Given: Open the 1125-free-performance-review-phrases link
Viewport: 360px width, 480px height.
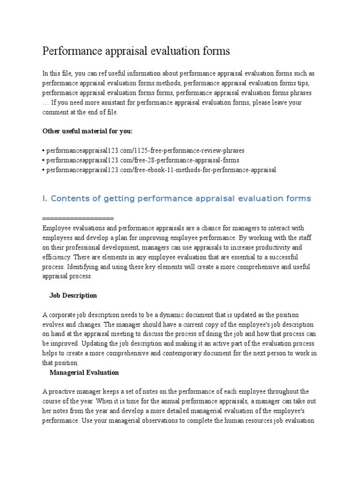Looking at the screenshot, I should [x=145, y=150].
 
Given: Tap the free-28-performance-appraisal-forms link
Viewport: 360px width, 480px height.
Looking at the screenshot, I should [x=142, y=160].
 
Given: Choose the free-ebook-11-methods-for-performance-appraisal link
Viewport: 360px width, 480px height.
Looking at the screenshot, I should [x=161, y=170].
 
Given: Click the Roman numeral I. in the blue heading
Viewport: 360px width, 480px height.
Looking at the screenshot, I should [x=45, y=199].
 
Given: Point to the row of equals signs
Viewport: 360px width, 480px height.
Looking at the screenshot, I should [x=78, y=218].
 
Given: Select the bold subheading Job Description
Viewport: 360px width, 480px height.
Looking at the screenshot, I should [x=73, y=295].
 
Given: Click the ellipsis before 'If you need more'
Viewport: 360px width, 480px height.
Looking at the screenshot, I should [x=45, y=103].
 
